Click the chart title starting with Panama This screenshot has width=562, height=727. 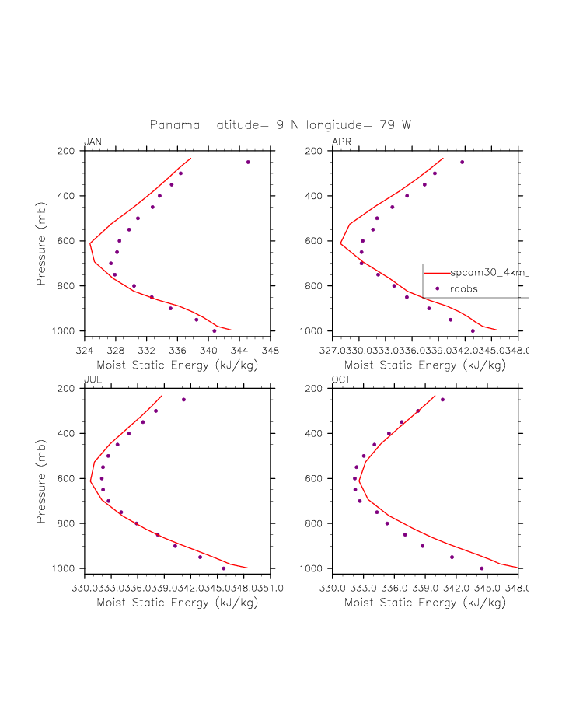[281, 124]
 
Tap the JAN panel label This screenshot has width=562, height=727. [93, 142]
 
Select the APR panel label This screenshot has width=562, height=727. [341, 142]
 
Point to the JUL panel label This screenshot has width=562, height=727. [92, 379]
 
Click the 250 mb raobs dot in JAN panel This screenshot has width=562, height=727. [248, 162]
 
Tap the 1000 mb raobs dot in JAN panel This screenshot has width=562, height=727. [215, 330]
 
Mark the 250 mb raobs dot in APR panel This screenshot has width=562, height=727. [462, 162]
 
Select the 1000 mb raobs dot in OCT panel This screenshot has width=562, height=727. [481, 568]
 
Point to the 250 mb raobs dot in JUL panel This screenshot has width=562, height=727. [183, 400]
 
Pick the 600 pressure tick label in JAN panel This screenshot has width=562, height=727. [66, 241]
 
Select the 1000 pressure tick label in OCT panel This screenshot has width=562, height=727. [312, 568]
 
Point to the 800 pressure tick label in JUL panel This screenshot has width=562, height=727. [66, 523]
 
